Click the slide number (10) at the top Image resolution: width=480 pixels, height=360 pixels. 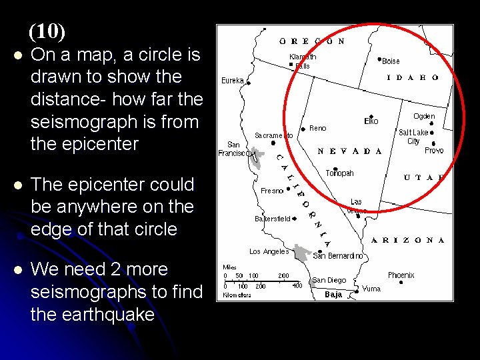pyautogui.click(x=47, y=31)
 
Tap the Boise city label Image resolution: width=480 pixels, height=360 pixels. pyautogui.click(x=391, y=61)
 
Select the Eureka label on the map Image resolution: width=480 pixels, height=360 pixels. pyautogui.click(x=233, y=81)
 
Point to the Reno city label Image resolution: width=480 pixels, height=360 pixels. pyautogui.click(x=318, y=128)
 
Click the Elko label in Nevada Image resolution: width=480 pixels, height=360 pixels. pyautogui.click(x=371, y=121)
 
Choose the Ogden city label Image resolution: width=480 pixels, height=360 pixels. pyautogui.click(x=424, y=116)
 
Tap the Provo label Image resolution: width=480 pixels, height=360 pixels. pyautogui.click(x=434, y=151)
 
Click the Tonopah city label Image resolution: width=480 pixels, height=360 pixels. pyautogui.click(x=339, y=173)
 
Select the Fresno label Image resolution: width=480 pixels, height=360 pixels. pyautogui.click(x=272, y=191)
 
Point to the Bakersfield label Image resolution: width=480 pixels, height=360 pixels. pyautogui.click(x=273, y=219)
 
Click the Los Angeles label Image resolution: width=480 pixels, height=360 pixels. pyautogui.click(x=269, y=251)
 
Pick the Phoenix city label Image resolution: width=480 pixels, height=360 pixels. pyautogui.click(x=401, y=275)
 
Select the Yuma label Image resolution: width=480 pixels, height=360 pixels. pyautogui.click(x=371, y=289)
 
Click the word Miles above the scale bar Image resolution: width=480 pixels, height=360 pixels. pyautogui.click(x=229, y=267)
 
